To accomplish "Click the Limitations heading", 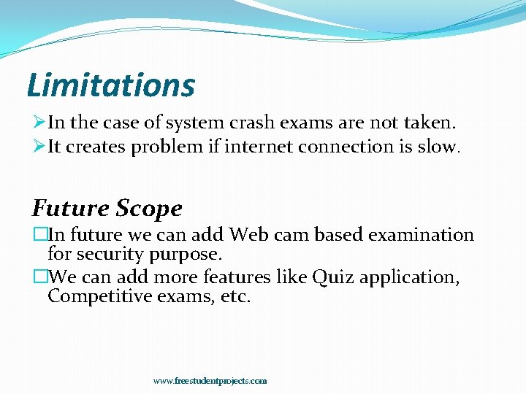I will tap(111, 85).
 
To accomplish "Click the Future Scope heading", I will tap(107, 209).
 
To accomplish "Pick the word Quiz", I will tap(330, 277).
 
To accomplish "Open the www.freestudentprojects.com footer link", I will tap(210, 381).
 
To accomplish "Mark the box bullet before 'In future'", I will tap(39, 235).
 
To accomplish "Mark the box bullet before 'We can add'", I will tap(39, 277).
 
